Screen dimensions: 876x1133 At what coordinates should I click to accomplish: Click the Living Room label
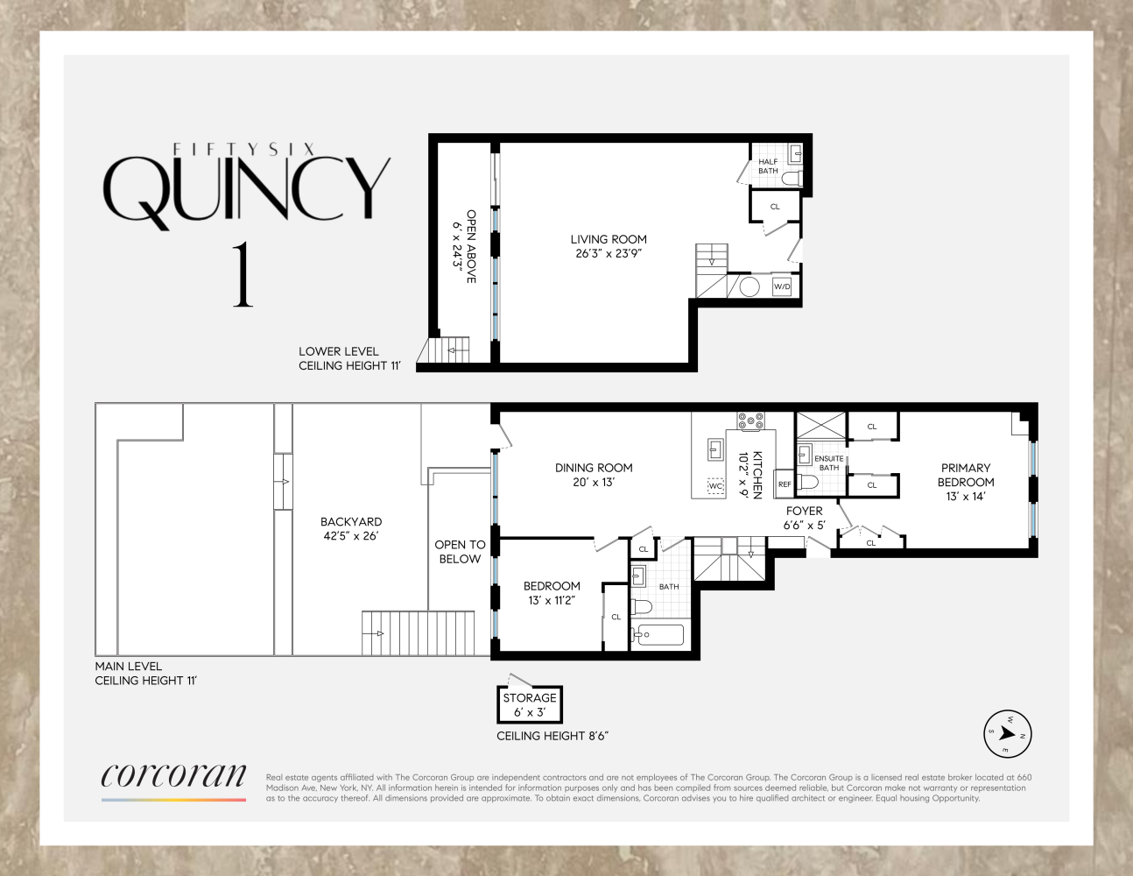(x=609, y=239)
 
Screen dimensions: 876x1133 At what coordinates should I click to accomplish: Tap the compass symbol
(x=1007, y=734)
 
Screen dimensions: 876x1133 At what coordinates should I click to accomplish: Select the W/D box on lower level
(x=782, y=286)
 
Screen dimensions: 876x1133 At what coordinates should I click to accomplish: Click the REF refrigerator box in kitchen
(x=785, y=484)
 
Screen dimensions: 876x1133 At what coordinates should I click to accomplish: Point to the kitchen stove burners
(x=750, y=421)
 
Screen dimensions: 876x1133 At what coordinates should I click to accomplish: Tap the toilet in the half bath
(x=792, y=179)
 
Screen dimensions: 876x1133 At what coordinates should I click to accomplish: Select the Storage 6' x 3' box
(x=530, y=704)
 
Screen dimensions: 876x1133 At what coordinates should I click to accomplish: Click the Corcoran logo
(x=173, y=777)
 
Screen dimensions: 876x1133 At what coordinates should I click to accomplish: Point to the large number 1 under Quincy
(x=243, y=275)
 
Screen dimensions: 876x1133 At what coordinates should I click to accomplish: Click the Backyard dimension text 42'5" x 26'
(x=351, y=536)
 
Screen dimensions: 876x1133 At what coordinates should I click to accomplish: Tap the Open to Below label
(x=460, y=552)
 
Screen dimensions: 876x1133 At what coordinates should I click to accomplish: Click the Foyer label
(x=804, y=511)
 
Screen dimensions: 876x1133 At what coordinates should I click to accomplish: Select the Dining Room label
(x=594, y=468)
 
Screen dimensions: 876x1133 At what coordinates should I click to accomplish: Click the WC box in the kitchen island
(x=715, y=486)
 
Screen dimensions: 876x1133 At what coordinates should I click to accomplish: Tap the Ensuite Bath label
(x=828, y=463)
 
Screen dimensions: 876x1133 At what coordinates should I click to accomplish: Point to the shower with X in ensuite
(x=820, y=426)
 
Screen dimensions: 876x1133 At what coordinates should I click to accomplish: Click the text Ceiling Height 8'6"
(x=552, y=736)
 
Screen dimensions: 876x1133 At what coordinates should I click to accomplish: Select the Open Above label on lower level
(x=471, y=246)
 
